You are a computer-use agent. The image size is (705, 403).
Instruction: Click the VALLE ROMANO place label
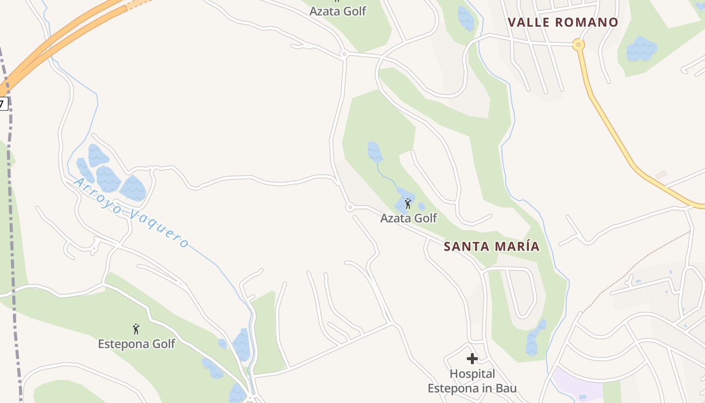[562, 22]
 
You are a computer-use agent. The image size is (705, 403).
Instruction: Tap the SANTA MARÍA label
[491, 246]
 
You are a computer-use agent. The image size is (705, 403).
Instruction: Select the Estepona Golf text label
[136, 344]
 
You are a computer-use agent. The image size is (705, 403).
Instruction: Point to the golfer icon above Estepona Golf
[136, 329]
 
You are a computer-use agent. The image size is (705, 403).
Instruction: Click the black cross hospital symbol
[472, 359]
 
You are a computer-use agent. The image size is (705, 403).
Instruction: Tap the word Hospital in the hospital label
[472, 374]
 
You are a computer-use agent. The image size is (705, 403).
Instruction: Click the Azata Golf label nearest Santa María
[408, 218]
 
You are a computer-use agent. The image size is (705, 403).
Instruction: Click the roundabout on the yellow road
[579, 45]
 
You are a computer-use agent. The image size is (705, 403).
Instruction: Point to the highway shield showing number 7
[3, 104]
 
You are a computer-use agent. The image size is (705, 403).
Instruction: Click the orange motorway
[60, 40]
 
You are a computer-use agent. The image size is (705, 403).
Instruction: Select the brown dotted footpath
[634, 267]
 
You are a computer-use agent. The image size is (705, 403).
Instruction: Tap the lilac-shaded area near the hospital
[577, 385]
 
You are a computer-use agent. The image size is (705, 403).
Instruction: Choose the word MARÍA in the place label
[518, 246]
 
